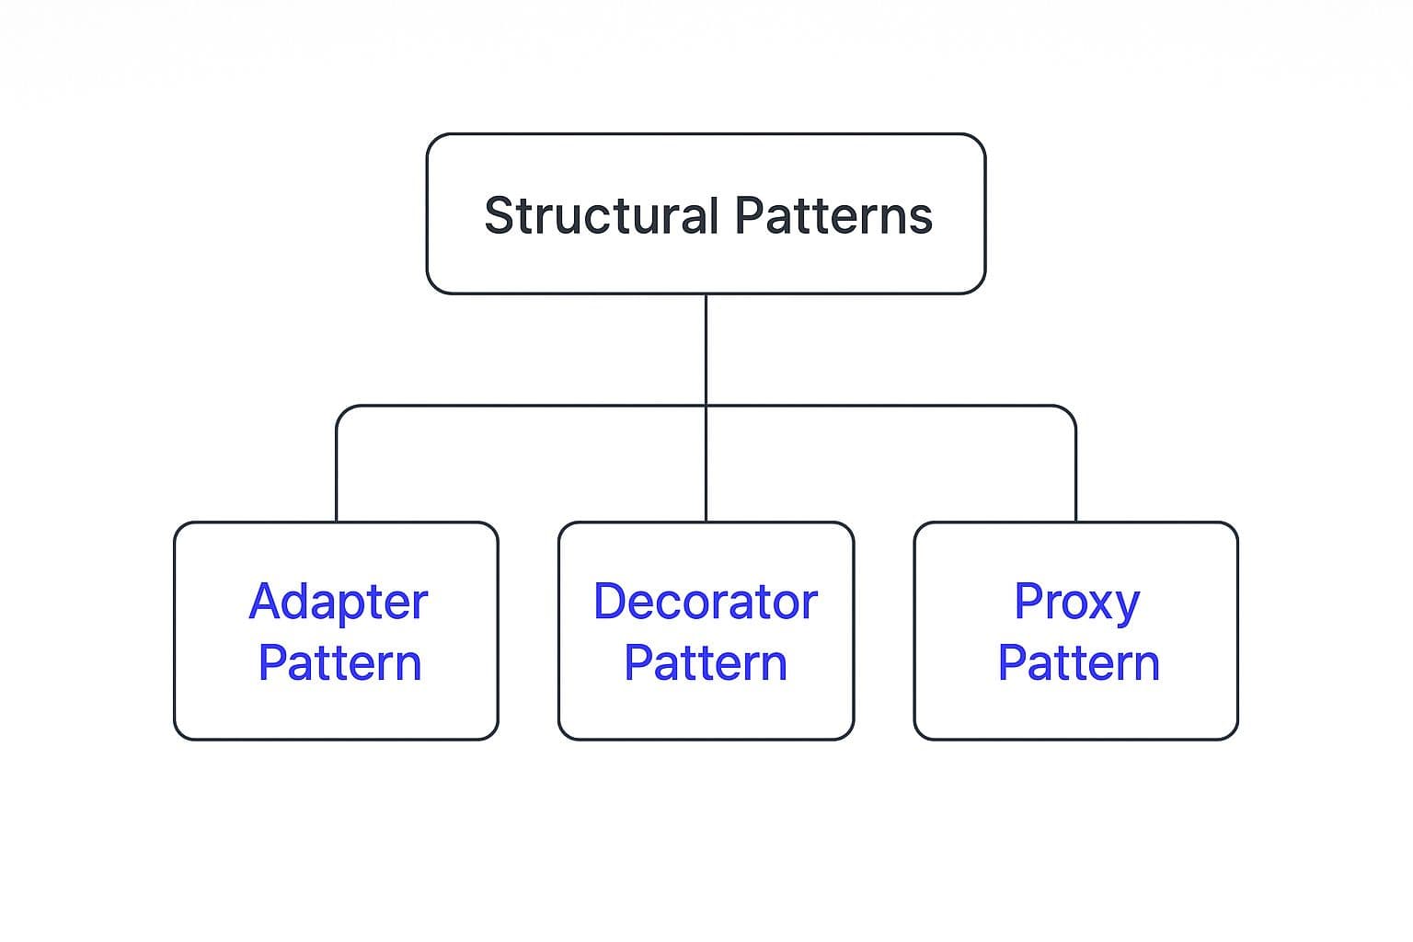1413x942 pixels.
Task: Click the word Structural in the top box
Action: coord(602,215)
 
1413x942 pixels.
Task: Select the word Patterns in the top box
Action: coord(834,215)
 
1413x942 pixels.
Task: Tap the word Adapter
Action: coord(339,603)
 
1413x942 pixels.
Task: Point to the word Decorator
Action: coord(706,602)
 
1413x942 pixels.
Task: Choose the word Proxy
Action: coord(1077,603)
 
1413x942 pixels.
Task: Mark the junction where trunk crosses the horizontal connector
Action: coord(706,406)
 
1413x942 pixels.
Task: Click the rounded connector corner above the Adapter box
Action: coord(343,412)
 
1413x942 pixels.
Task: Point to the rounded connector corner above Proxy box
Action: coord(1069,412)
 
